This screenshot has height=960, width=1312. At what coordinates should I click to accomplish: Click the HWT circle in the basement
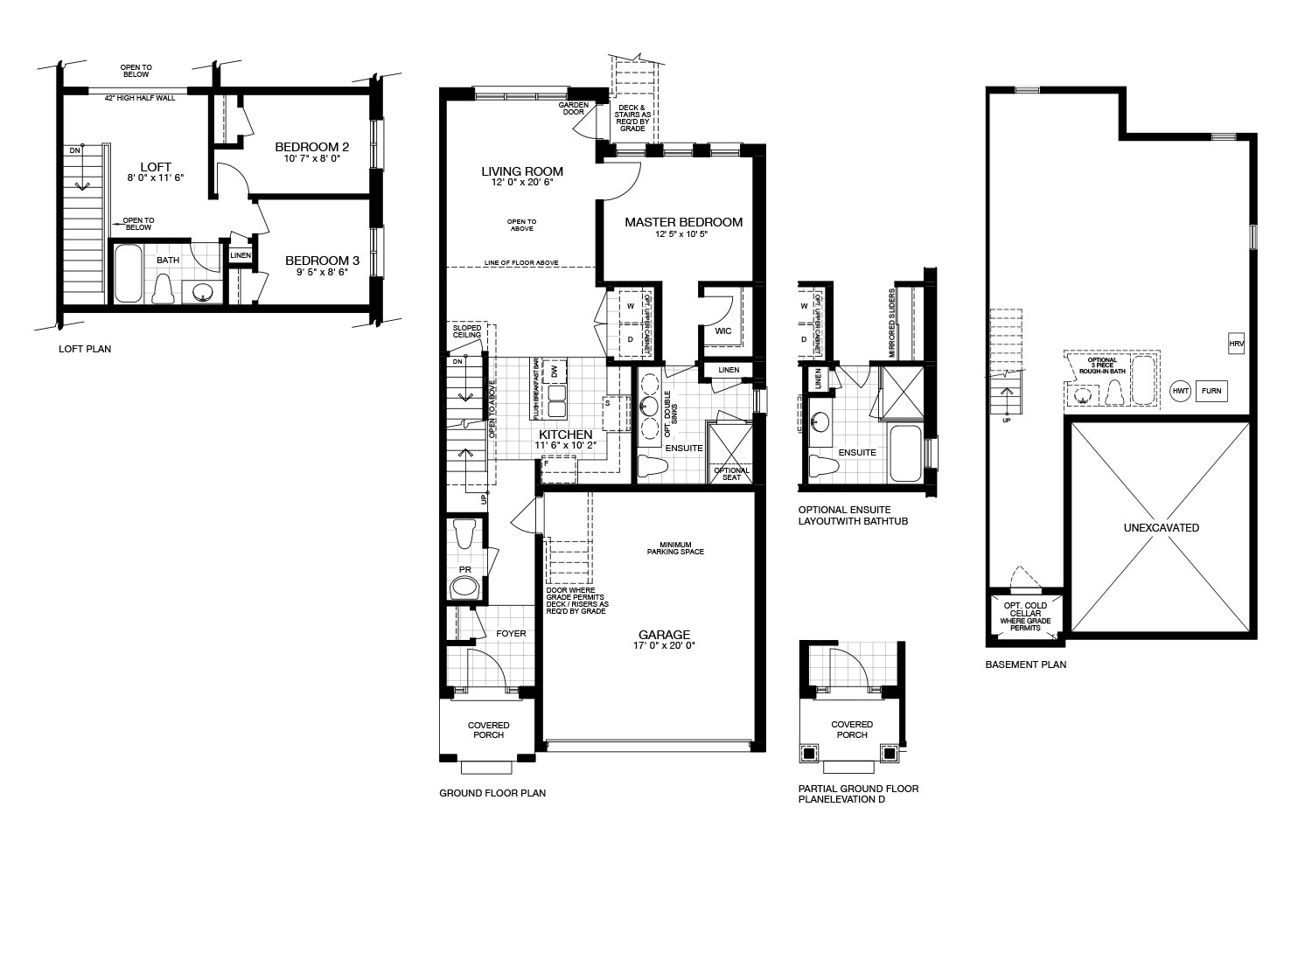[1180, 391]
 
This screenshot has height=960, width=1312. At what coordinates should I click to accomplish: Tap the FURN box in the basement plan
[1211, 391]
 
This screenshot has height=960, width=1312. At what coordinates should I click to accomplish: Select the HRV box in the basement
[1236, 344]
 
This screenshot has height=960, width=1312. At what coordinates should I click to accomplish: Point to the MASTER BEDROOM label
[683, 222]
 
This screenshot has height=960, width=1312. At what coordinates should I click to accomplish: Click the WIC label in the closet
[722, 331]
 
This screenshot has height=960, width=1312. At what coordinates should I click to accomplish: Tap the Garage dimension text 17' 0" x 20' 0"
[664, 645]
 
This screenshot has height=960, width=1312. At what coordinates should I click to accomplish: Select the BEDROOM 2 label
[311, 147]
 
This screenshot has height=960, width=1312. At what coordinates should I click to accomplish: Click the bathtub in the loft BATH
[128, 274]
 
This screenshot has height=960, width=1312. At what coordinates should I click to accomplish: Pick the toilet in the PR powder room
[465, 534]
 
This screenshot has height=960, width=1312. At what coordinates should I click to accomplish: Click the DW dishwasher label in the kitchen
[555, 372]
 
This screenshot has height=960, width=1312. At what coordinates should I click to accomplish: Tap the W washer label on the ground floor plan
[631, 305]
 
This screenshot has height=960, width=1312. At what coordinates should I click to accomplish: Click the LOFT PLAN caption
[85, 349]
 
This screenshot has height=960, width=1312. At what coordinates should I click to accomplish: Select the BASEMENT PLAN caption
[1026, 664]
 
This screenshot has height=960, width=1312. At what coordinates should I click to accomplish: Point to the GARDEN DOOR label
[574, 108]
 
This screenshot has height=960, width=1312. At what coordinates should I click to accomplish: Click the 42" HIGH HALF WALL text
[139, 98]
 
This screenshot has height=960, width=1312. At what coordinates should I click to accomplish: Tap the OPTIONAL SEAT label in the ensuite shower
[731, 474]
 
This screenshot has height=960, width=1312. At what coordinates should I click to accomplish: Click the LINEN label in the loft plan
[241, 255]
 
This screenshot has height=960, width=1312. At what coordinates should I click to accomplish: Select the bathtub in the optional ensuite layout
[905, 453]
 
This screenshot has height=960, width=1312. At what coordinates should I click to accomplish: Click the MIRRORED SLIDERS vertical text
[891, 323]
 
